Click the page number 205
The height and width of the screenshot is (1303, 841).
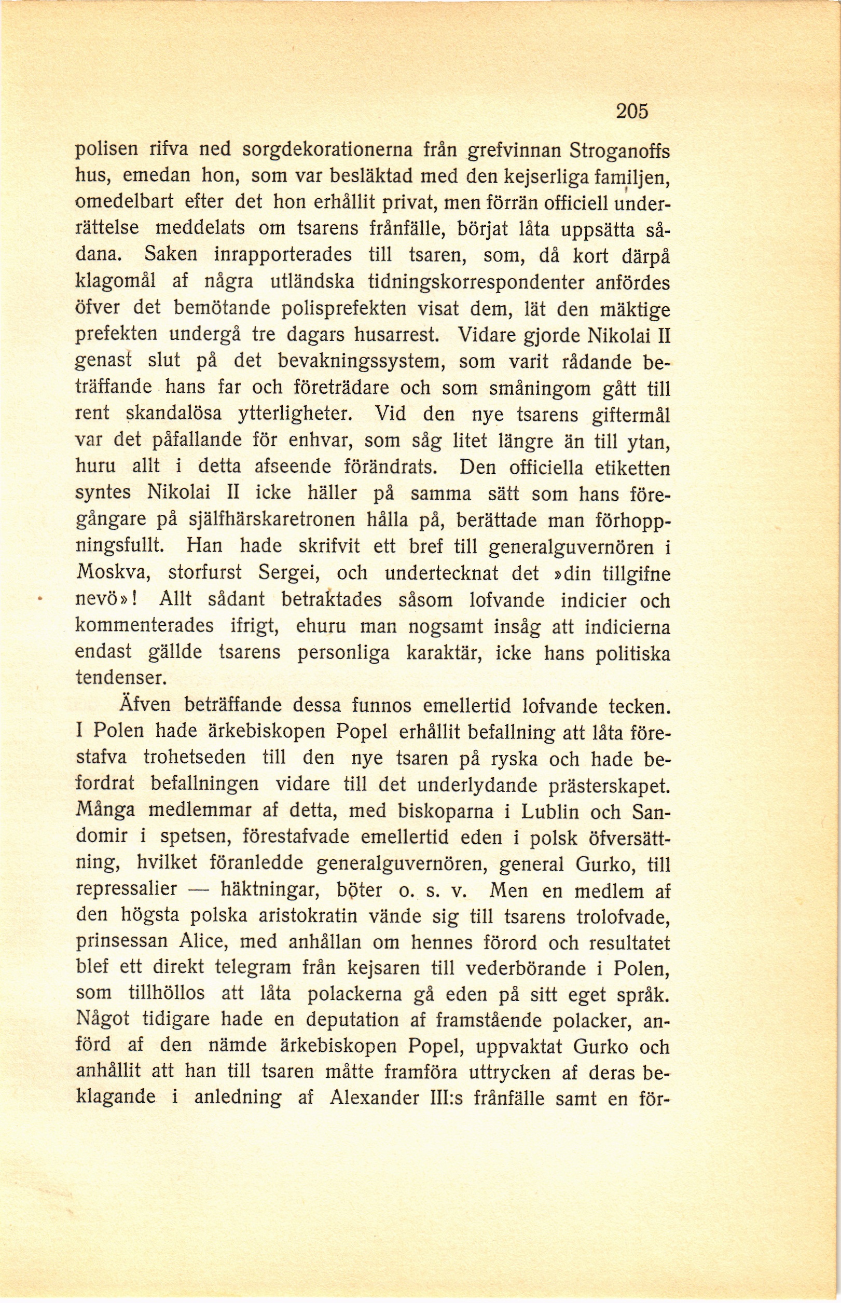pyautogui.click(x=632, y=112)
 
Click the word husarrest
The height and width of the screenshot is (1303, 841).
pyautogui.click(x=397, y=335)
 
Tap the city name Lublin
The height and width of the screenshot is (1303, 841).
pyautogui.click(x=550, y=812)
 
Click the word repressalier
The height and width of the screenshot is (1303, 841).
pyautogui.click(x=126, y=889)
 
